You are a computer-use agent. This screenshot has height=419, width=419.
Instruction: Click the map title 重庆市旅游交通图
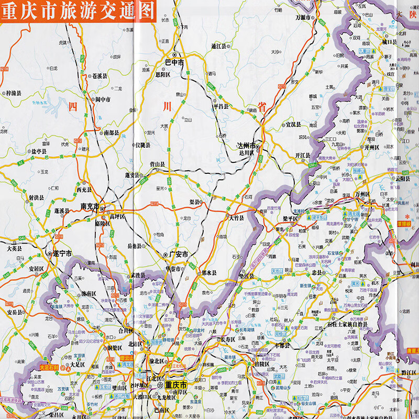[77, 12]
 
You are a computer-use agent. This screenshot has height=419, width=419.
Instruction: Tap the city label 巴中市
[174, 62]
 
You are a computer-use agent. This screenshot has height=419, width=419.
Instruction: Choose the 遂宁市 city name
[62, 253]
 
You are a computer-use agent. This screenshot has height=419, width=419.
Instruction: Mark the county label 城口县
[390, 41]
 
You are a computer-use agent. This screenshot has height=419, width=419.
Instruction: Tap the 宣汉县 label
[292, 125]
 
